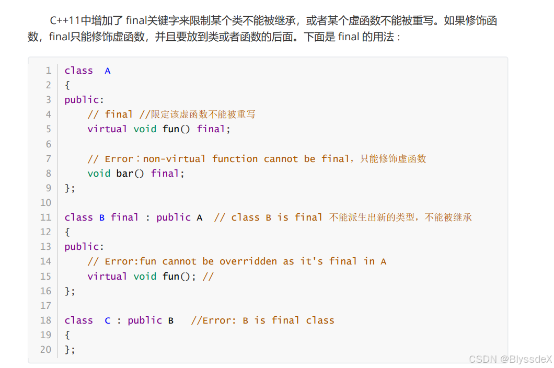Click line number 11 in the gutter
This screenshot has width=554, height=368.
(x=45, y=217)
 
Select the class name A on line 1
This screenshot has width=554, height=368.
(x=108, y=71)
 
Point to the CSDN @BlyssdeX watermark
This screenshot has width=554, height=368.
(x=510, y=359)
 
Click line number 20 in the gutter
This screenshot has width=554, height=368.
(x=45, y=350)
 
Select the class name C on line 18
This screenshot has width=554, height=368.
(x=108, y=320)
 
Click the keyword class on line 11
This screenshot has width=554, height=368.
(x=79, y=217)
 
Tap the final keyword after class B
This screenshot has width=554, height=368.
(x=125, y=217)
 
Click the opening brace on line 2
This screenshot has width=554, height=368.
(x=67, y=85)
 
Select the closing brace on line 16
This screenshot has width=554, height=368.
(x=67, y=291)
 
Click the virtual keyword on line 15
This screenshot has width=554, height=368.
(x=108, y=277)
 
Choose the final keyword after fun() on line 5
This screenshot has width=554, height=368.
(x=211, y=129)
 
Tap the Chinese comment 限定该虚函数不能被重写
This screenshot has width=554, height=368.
(x=203, y=114)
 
